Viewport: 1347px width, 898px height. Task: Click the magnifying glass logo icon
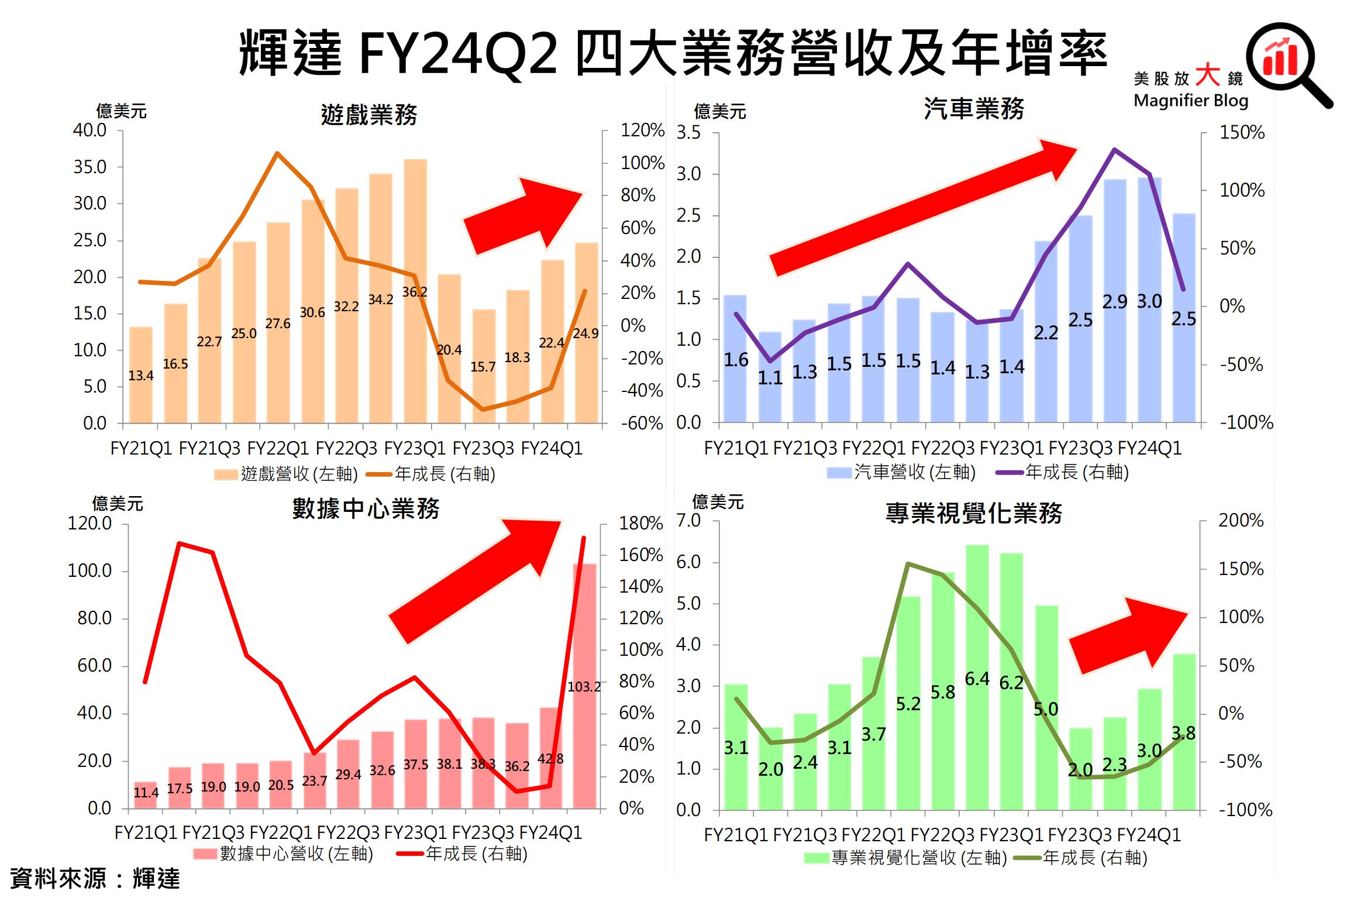click(1284, 61)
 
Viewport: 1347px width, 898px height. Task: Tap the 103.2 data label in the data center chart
click(584, 686)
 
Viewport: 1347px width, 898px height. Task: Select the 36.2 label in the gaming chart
click(414, 292)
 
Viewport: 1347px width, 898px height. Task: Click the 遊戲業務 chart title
click(368, 114)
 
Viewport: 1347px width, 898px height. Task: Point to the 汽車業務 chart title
click(973, 109)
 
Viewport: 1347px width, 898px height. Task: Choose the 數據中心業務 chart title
click(366, 508)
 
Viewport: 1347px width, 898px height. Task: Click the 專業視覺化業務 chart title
click(973, 513)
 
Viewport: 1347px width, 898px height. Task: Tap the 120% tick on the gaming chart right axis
click(642, 130)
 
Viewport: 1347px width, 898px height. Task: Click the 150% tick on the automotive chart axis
click(1241, 132)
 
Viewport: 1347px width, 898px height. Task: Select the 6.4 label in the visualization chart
click(977, 679)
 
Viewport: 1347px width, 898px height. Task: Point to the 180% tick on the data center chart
click(640, 523)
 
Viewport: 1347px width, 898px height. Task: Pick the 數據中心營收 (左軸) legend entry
click(284, 854)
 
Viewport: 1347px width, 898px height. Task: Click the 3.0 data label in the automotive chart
click(1149, 301)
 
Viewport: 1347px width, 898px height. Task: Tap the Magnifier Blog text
click(1190, 101)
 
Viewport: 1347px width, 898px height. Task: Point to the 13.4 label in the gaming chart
click(141, 376)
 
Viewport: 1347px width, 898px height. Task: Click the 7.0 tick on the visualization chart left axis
click(688, 520)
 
